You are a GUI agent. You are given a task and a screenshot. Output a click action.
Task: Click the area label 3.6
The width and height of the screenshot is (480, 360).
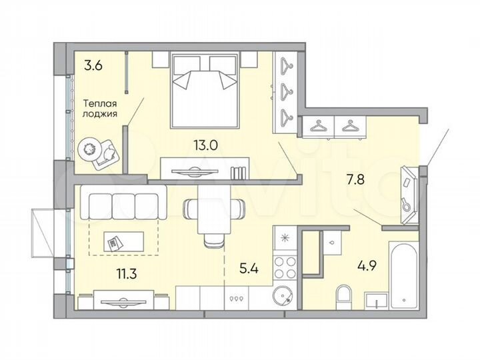coord(93,65)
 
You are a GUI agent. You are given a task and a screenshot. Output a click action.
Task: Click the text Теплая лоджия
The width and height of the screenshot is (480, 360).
coord(101,109)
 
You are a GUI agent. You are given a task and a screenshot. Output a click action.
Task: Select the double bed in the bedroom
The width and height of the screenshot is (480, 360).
coord(204,90)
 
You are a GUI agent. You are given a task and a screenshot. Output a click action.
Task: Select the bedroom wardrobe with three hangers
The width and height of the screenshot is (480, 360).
coord(287,92)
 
